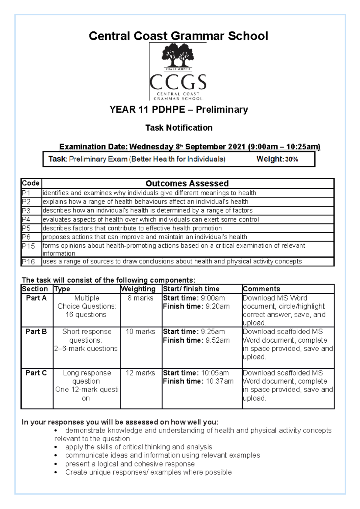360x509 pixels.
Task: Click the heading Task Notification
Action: (x=179, y=128)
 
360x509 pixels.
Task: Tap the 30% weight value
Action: (x=291, y=159)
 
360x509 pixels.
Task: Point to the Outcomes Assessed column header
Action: (x=187, y=183)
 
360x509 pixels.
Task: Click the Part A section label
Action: (x=36, y=298)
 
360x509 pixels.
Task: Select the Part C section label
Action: (x=36, y=373)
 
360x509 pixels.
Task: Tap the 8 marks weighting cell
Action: (x=140, y=298)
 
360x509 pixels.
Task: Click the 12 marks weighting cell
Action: (x=140, y=373)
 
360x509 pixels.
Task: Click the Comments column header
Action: (x=261, y=289)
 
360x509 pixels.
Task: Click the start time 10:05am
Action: (x=215, y=373)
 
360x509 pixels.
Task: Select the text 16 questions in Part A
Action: (x=86, y=314)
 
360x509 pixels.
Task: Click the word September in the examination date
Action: (x=205, y=147)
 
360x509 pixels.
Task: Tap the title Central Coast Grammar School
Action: (x=178, y=36)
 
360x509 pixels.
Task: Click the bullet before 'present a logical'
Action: (x=56, y=464)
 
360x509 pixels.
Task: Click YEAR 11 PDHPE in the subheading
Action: (x=147, y=110)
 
